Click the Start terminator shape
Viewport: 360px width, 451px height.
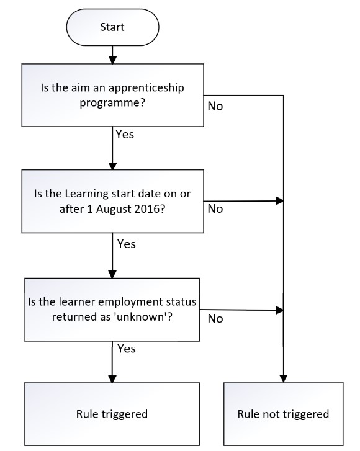point(112,27)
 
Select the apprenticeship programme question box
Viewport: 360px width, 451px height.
point(112,95)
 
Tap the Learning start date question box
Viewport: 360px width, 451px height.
point(112,201)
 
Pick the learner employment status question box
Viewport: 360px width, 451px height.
point(112,310)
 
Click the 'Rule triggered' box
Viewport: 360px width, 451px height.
point(112,414)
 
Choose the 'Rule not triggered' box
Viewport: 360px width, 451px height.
point(284,414)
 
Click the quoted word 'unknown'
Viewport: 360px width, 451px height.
point(139,316)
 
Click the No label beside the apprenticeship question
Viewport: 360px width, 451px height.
point(215,106)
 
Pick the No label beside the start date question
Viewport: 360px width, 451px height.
point(215,209)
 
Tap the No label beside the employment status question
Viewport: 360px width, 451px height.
point(215,318)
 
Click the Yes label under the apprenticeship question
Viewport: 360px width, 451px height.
point(125,135)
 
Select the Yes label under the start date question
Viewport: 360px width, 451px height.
point(127,244)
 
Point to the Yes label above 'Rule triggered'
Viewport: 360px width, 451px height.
point(127,349)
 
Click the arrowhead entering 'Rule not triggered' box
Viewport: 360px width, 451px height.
point(284,378)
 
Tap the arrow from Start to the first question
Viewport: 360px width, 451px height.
point(112,55)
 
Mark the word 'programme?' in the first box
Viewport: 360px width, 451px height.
point(112,103)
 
